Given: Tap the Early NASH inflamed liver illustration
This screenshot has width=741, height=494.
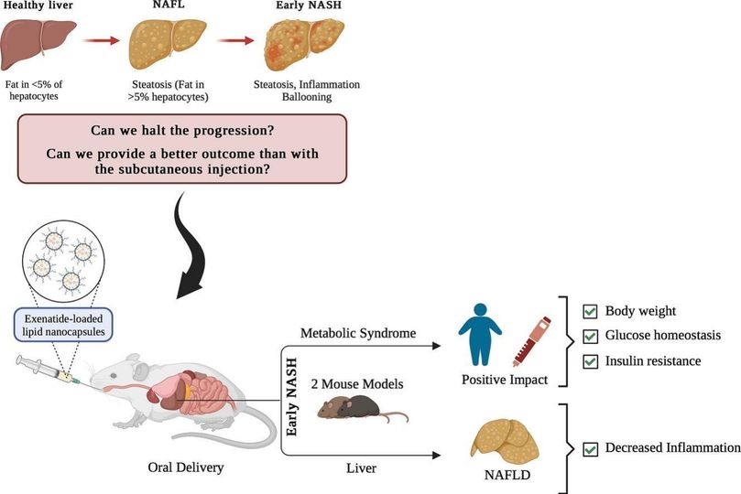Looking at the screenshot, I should tap(304, 46).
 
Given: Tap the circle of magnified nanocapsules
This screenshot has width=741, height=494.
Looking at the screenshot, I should tap(62, 262).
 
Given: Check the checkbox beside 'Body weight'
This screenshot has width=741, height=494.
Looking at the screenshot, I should tap(591, 311).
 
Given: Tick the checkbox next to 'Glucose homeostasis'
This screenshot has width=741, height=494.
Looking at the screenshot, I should tap(591, 336).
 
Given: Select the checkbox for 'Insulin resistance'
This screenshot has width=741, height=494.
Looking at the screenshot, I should tap(591, 361).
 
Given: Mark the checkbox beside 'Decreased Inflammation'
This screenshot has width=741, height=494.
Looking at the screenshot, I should tap(591, 448).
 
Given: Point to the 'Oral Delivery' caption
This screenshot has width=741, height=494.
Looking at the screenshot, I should tap(186, 468).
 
